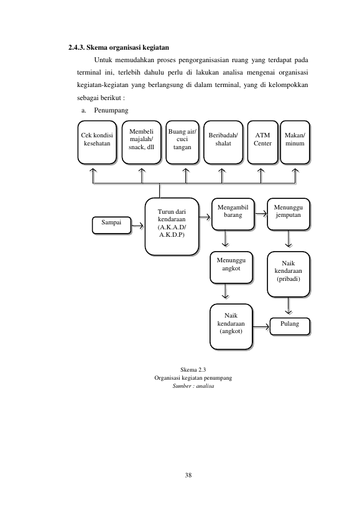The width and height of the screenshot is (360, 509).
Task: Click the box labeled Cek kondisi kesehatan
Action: click(97, 142)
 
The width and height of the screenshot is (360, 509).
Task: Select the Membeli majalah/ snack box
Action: click(141, 142)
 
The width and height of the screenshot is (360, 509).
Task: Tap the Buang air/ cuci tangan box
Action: click(182, 142)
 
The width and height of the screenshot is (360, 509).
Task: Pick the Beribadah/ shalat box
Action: click(223, 142)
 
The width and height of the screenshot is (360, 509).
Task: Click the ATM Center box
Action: click(262, 142)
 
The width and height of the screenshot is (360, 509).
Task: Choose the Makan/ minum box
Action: click(295, 142)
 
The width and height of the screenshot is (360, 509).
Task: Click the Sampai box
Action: click(112, 226)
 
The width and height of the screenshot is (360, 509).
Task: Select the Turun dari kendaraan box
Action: click(172, 227)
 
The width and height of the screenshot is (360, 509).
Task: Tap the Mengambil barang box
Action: click(233, 214)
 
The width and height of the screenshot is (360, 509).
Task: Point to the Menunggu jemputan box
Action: click(288, 214)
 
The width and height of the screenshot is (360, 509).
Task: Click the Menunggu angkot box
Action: click(231, 267)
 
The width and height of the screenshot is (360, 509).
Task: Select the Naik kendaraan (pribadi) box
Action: click(288, 274)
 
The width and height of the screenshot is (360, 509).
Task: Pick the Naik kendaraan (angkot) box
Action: click(231, 326)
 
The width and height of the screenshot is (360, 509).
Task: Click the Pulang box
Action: click(290, 326)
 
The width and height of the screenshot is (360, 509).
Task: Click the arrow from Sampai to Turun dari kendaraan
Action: click(138, 226)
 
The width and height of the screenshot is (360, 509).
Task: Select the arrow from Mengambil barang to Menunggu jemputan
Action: click(261, 214)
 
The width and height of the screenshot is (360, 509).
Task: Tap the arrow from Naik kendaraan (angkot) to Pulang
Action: click(261, 327)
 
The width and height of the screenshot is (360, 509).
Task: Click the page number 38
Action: click(188, 475)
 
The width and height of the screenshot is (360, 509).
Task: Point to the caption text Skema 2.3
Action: click(193, 369)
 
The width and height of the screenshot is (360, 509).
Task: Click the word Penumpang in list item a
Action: click(111, 111)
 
